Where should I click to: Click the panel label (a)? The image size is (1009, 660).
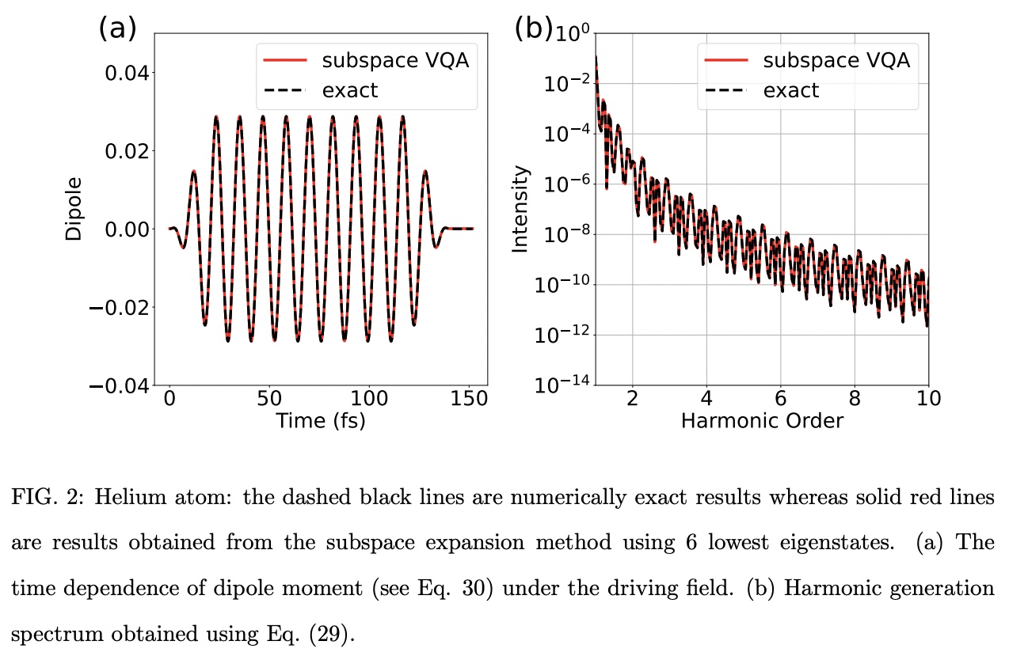[117, 29]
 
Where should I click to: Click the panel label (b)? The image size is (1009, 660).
[533, 29]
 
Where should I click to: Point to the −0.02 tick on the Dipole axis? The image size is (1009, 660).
[119, 307]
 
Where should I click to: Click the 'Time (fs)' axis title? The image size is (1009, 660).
[320, 421]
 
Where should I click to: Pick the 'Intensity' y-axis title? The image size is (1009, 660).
[520, 209]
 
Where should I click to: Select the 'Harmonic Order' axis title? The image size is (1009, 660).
[762, 421]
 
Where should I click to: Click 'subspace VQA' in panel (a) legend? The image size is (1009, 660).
[395, 60]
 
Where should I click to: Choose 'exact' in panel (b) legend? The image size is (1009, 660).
[791, 91]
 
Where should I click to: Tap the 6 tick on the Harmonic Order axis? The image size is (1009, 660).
[780, 397]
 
